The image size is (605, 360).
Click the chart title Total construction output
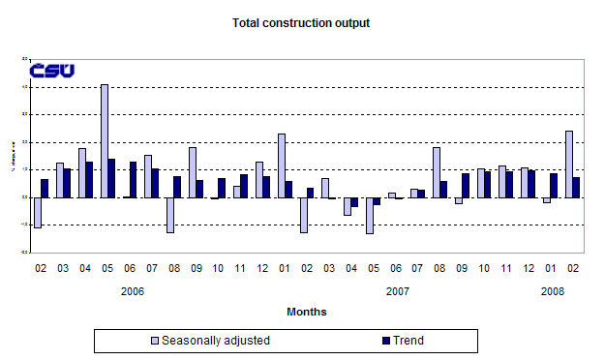[301, 21]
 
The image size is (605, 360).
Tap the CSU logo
[52, 71]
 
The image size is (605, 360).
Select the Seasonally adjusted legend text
[216, 341]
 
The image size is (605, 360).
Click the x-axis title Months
[306, 312]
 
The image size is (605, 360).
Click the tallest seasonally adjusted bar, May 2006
[105, 140]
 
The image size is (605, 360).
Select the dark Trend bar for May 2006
[112, 178]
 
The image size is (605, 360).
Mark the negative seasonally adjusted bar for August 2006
[170, 215]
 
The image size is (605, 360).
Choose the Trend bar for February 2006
[45, 188]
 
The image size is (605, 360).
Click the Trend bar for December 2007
[531, 184]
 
